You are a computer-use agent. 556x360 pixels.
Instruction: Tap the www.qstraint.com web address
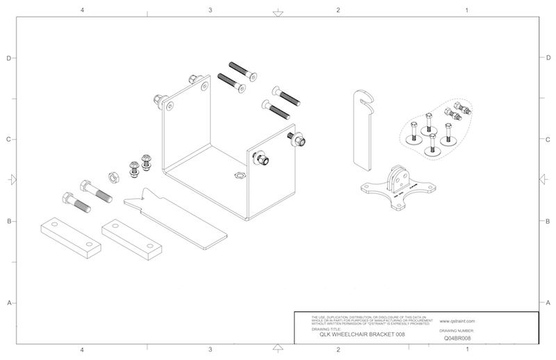457,322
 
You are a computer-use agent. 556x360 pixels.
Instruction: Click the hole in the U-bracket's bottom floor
240,175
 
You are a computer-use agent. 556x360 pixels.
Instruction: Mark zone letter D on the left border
8,58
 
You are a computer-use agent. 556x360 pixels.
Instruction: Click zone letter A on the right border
548,303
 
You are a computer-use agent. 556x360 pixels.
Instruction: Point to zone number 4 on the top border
82,10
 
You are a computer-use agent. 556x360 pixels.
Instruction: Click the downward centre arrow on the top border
277,12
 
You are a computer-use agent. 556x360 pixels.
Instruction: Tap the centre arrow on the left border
11,180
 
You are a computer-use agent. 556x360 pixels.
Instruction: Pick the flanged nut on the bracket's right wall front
263,159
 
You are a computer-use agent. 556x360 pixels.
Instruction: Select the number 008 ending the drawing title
399,334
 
